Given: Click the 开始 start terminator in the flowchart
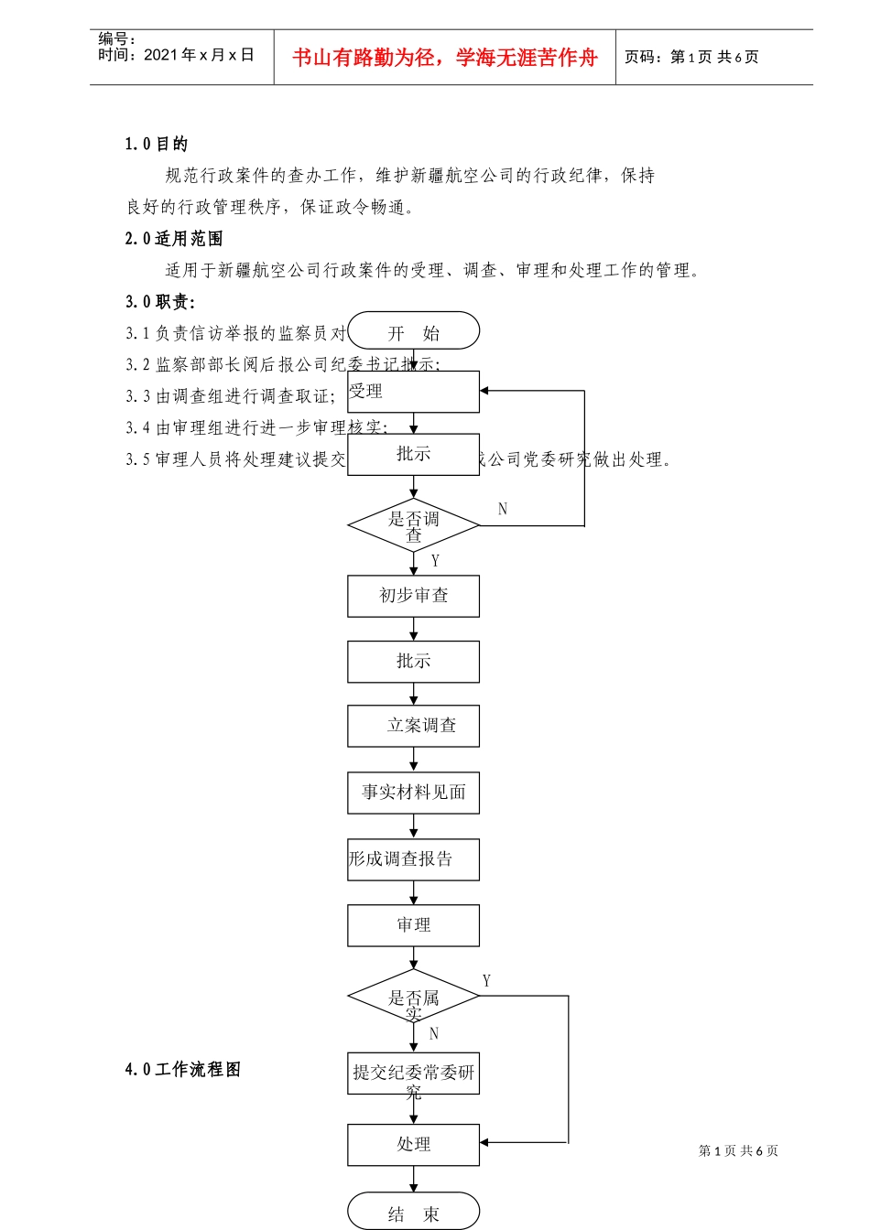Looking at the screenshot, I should [414, 331].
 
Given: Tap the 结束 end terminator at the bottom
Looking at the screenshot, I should [414, 1213].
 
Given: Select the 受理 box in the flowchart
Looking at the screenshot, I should [414, 392].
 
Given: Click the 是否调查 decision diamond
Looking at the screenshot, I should [414, 525].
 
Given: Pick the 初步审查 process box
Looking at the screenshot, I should [414, 596].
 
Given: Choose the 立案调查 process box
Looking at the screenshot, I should [414, 726].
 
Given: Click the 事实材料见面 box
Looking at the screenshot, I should [414, 793].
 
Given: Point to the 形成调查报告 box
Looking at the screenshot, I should [414, 859].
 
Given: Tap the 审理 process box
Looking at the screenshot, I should [414, 925].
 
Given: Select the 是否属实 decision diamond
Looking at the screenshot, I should [414, 996].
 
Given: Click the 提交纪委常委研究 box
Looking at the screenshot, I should [414, 1074].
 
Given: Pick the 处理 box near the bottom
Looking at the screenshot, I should [414, 1145].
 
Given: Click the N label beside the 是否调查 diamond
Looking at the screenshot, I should [503, 509].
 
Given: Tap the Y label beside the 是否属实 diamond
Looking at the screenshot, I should [486, 981].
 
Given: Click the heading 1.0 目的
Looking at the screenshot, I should [157, 144].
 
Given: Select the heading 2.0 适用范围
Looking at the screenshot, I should [174, 239].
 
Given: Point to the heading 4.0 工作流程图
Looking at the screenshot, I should [183, 1069].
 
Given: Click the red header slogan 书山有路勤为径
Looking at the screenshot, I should [445, 58].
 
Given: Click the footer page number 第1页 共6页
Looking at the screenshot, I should [738, 1150].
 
